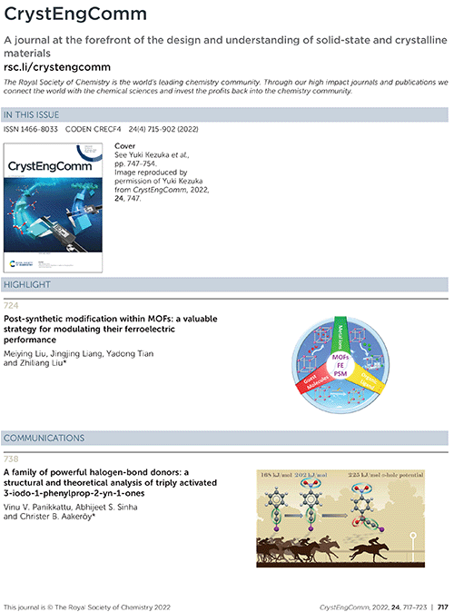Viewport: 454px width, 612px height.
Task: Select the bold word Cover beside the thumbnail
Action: tap(125, 145)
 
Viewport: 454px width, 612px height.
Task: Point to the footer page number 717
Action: tap(442, 605)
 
